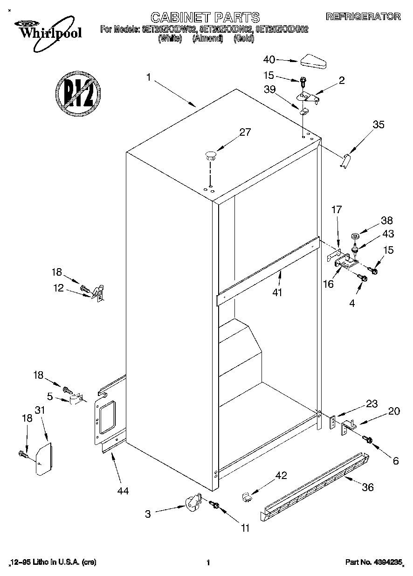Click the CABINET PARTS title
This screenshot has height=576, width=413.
206,17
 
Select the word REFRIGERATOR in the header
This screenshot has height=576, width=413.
363,16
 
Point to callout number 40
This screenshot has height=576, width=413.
269,59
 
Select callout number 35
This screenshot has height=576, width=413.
379,125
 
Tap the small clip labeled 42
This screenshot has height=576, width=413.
247,497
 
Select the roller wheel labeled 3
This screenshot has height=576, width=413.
193,503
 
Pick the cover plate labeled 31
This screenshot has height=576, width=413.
44,459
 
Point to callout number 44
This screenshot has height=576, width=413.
123,491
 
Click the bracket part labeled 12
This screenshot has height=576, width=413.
99,293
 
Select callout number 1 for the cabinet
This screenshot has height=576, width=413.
148,78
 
